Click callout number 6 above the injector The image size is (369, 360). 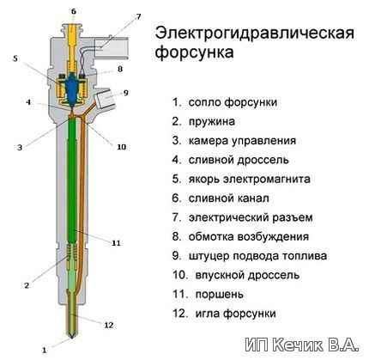click(74, 11)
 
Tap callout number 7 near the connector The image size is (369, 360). click(138, 16)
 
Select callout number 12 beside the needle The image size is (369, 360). click(108, 325)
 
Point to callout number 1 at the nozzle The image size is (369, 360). click(44, 350)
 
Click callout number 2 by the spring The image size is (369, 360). click(27, 285)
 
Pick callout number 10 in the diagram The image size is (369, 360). click(122, 147)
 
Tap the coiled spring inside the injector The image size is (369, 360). click(72, 253)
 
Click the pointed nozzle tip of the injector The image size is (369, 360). click(71, 336)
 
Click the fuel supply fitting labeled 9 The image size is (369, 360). click(105, 98)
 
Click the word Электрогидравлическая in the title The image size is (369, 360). click(255, 34)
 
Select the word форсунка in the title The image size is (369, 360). click(194, 52)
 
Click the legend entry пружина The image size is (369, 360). click(212, 122)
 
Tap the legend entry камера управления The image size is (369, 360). click(242, 141)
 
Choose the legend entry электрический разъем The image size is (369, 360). click(251, 217)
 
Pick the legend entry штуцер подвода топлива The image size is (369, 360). click(257, 256)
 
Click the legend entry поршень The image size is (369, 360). click(220, 295)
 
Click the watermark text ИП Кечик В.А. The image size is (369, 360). click(302, 345)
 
